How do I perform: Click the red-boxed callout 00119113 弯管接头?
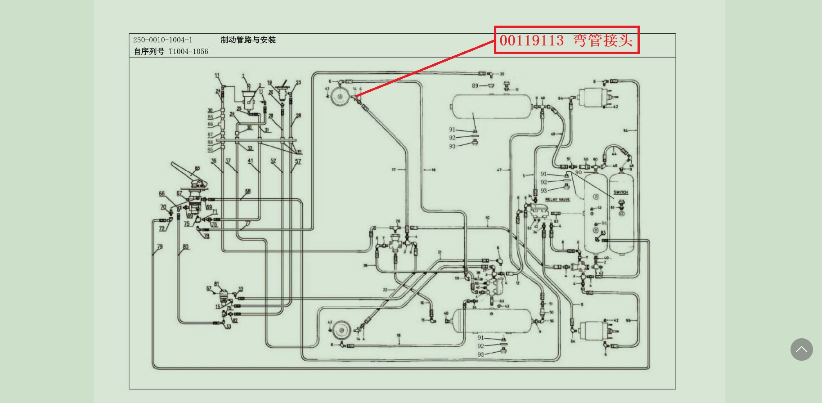click(x=566, y=40)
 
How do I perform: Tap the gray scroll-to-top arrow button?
click(x=801, y=349)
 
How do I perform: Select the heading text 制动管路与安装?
click(x=248, y=40)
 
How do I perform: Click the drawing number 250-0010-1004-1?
click(x=162, y=40)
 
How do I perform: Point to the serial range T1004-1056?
click(x=189, y=52)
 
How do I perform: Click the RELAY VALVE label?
click(x=557, y=199)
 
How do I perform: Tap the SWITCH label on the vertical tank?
click(x=620, y=193)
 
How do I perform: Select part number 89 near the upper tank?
click(x=475, y=86)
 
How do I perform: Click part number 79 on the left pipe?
click(x=160, y=247)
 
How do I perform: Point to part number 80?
click(x=186, y=247)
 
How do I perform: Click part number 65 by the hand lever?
click(x=197, y=169)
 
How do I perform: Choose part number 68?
click(x=247, y=192)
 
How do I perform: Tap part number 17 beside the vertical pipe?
click(x=394, y=170)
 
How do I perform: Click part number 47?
click(x=499, y=170)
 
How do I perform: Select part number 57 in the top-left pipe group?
click(x=298, y=161)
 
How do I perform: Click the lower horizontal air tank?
click(x=493, y=320)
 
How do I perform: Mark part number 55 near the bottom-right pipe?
click(x=629, y=321)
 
